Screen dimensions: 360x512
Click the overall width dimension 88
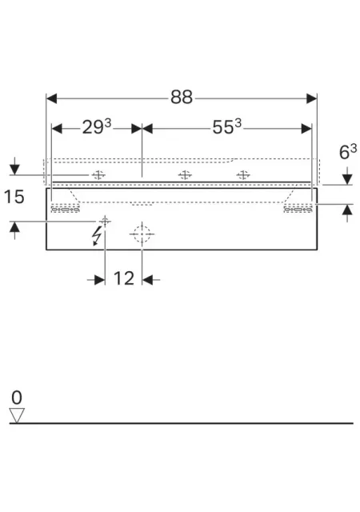[x=182, y=97]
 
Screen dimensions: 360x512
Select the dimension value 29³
[x=96, y=126]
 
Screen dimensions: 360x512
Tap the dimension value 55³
[x=226, y=126]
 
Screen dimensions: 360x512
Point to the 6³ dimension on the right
[x=348, y=152]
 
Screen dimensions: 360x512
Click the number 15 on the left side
[x=14, y=197]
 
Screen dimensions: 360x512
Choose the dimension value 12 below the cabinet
[x=124, y=278]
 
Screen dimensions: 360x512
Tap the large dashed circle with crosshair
[x=142, y=234]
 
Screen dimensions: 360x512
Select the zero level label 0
[x=17, y=398]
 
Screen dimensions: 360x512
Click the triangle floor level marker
[x=17, y=415]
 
